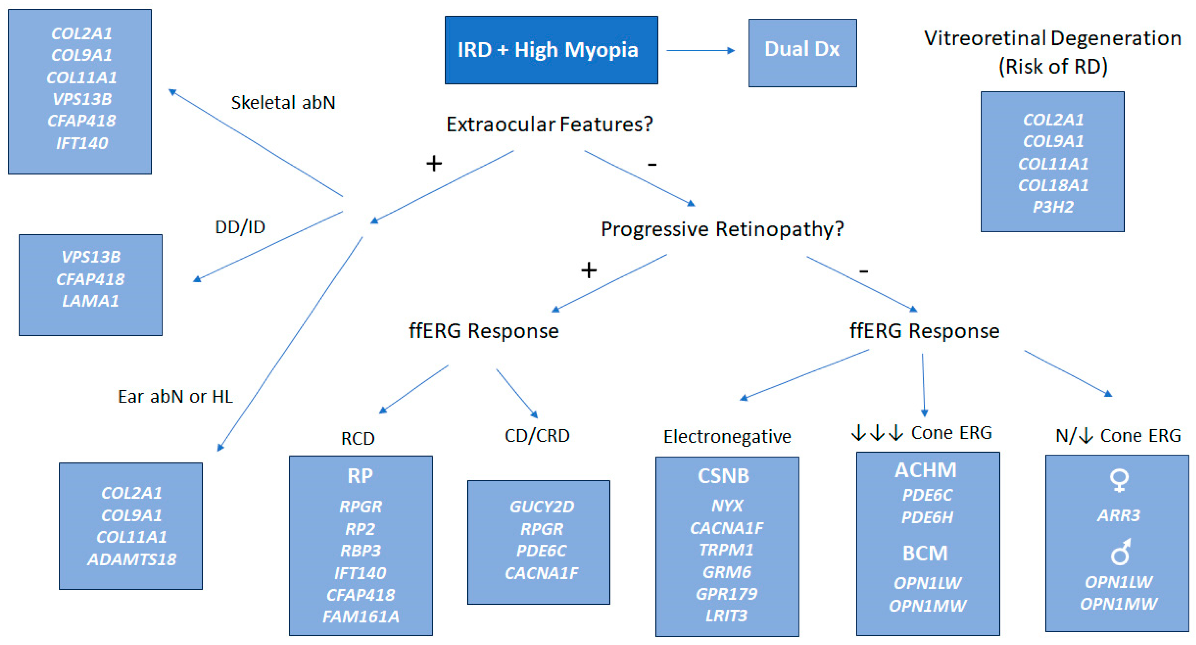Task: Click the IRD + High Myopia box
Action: pos(551,50)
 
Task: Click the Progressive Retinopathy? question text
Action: pos(722,229)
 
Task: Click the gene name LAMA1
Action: pos(91,301)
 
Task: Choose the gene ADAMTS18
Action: pos(132,559)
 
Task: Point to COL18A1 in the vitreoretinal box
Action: pos(1053,185)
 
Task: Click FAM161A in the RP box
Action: pos(361,616)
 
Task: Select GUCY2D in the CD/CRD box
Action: pos(541,506)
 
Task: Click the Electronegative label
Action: pos(727,437)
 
